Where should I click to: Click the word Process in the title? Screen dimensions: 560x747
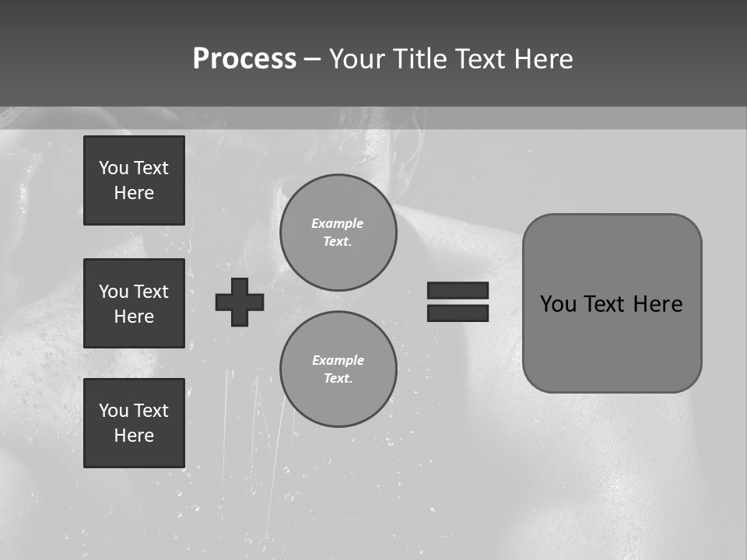(244, 59)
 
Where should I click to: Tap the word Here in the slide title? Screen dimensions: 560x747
(543, 59)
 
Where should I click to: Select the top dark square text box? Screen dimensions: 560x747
(134, 180)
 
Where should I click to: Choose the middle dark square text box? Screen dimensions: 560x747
(134, 303)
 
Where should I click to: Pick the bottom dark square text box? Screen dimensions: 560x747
(134, 423)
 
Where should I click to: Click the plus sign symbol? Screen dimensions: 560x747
(240, 302)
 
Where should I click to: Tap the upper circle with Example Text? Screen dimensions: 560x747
(338, 233)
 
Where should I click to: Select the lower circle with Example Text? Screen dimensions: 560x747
(338, 369)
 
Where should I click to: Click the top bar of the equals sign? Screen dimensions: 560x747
(458, 290)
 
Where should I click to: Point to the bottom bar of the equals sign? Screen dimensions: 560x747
(458, 313)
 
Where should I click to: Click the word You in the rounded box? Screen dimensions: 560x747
(558, 304)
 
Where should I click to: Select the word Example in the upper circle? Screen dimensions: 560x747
(338, 223)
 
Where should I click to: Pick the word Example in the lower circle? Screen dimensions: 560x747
(338, 360)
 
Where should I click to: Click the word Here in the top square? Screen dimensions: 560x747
(134, 193)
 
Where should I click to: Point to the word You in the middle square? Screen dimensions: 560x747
(114, 292)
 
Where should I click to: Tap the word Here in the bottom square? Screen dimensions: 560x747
(134, 436)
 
